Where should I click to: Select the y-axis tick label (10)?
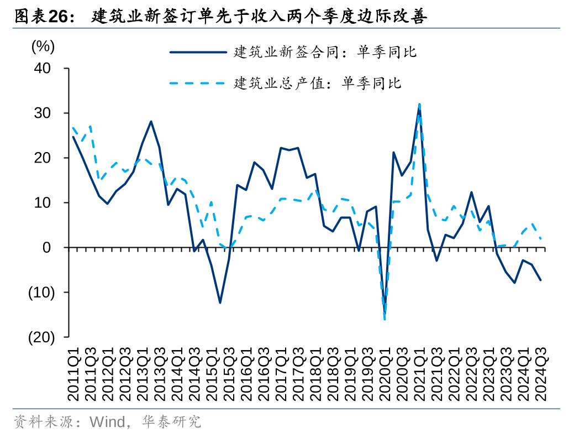(41, 293)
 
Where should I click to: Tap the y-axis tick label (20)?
(41, 337)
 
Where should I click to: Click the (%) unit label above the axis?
(43, 46)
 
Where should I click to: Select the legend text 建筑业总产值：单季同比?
(318, 84)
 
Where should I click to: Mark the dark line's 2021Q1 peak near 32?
(419, 106)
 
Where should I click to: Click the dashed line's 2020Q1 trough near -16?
(385, 319)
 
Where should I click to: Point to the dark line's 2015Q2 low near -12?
(220, 303)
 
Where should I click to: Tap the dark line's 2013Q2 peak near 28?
(151, 121)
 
